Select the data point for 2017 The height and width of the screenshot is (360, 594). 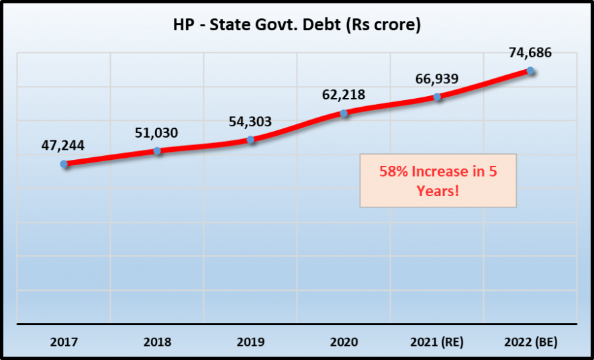point(64,164)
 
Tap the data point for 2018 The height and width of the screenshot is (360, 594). point(157,150)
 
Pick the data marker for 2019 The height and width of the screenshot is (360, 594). point(250,140)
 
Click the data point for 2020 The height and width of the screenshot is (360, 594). point(344,113)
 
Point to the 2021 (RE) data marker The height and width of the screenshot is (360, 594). point(437,97)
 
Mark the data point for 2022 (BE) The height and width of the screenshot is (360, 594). point(530,71)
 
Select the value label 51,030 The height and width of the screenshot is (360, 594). point(156,132)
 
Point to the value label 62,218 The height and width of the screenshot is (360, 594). point(343,95)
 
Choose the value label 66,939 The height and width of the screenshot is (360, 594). point(436,79)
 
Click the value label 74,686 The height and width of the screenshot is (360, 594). point(530,52)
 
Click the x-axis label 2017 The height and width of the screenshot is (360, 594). point(64,341)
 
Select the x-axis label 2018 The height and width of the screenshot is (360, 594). point(157,341)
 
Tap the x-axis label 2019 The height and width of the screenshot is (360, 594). point(250,341)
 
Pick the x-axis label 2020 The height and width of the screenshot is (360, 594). point(344,341)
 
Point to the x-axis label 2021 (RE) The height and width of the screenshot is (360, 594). point(437,341)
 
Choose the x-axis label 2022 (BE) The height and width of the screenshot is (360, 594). point(530,341)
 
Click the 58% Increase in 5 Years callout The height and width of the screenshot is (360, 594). point(438,181)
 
